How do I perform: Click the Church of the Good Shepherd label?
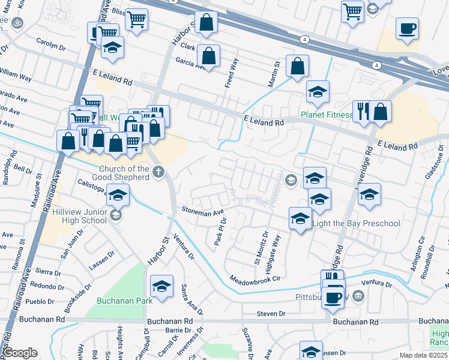(x=124, y=173)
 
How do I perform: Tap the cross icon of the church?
(x=158, y=173)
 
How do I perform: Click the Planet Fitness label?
(x=327, y=115)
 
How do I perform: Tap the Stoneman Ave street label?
(x=203, y=211)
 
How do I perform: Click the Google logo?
(x=20, y=353)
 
